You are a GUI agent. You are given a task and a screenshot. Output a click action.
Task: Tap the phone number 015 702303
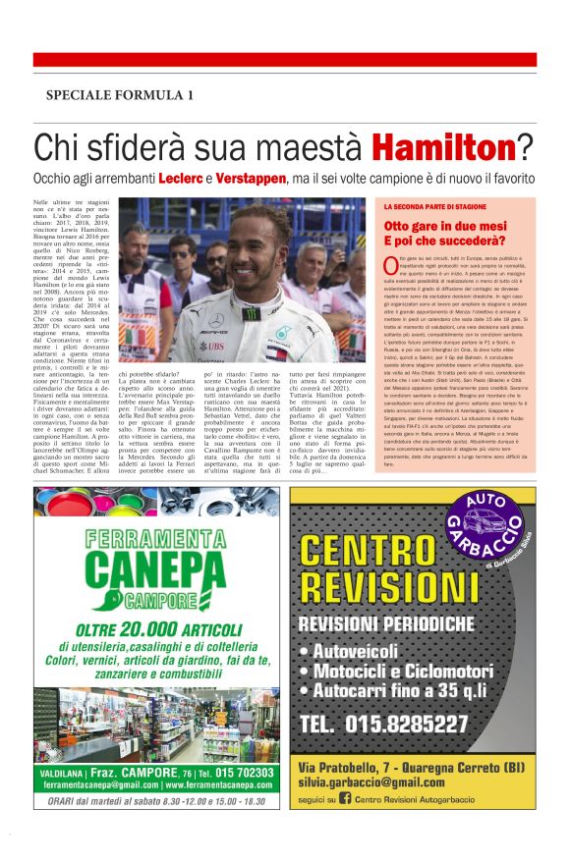point(239,773)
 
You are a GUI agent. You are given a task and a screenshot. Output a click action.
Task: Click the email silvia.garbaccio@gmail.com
point(386,782)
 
